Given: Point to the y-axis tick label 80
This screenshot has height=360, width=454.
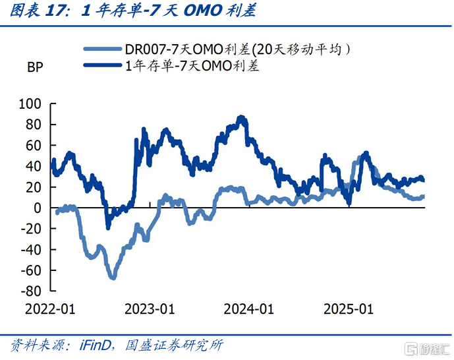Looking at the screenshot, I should pos(33,125).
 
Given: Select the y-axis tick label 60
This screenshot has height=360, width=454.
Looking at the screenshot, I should pos(33,146).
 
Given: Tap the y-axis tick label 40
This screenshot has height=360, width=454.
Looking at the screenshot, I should pos(33,166).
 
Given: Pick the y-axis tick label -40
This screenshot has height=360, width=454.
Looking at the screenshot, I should pos(30,249).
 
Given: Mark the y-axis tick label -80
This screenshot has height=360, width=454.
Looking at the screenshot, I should pos(30,291).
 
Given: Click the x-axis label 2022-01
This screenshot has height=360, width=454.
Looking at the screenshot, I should pos(51,309).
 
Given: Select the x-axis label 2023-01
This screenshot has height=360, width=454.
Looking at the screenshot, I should pos(151,309).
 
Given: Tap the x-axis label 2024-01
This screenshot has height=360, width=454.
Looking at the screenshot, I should pos(249,309).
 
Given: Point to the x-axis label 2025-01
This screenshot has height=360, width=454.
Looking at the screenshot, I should pos(349,309).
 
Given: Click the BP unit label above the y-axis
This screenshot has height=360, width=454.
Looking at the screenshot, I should pos(34,67).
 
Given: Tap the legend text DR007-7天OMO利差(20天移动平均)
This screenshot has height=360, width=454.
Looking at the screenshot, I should pos(237,49).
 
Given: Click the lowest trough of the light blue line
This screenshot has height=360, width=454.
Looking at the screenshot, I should pos(113,277).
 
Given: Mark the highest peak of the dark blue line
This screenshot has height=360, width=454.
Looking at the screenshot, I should pos(242,118).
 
